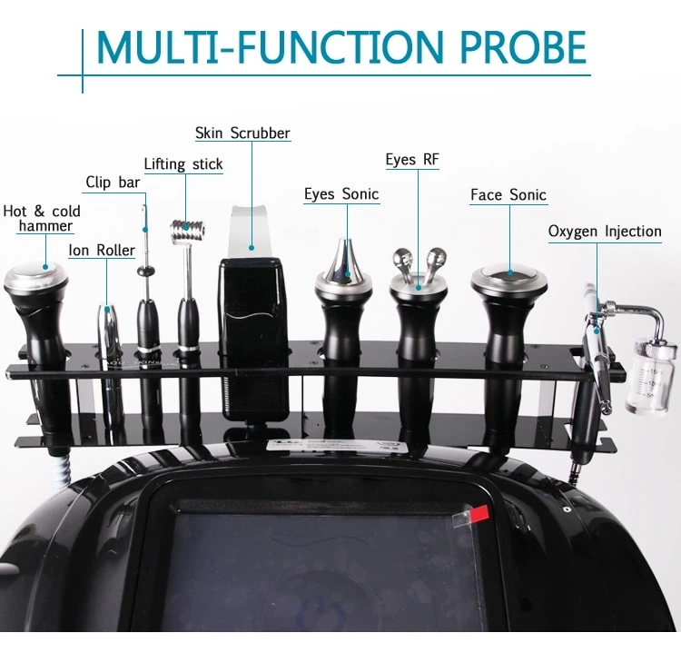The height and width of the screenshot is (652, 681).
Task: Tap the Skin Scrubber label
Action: point(242,133)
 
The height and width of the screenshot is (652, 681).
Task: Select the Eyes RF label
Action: point(411,160)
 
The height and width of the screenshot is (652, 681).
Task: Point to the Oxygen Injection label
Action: point(604,232)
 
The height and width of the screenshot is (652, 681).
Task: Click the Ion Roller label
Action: point(102,251)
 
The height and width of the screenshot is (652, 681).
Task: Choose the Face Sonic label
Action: point(508,195)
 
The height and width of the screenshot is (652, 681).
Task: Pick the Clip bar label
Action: point(113,183)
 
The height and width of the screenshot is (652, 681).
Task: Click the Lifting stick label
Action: point(183,164)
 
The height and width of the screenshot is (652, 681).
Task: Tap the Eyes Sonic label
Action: point(341,194)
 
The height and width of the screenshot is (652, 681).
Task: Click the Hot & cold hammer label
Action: point(42,219)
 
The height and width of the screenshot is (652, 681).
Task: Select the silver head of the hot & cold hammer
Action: point(36,275)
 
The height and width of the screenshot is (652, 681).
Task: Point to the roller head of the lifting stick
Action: point(188,226)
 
